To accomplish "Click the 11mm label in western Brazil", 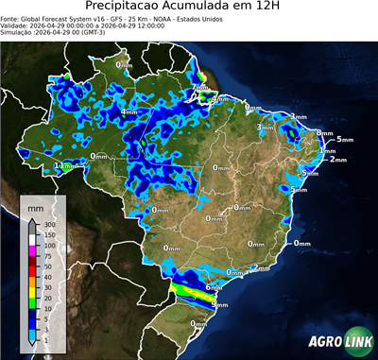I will tap(63, 165).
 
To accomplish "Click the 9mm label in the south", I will tap(219, 305).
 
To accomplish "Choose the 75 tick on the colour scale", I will tap(46, 255).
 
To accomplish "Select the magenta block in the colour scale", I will tap(32, 249).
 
